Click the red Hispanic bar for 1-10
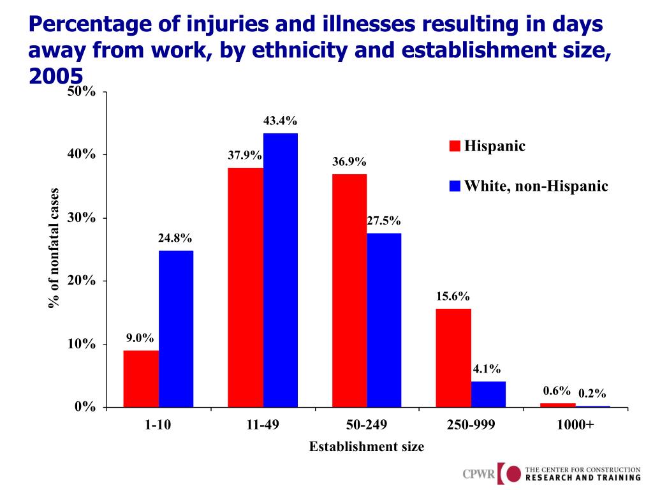[141, 378]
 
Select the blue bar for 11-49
[281, 270]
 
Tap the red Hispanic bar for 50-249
[349, 290]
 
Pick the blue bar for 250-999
[488, 394]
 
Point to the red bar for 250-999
[453, 358]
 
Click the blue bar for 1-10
[176, 329]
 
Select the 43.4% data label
[280, 121]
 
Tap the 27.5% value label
[383, 221]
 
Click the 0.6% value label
[557, 390]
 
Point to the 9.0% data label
[140, 338]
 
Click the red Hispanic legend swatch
[455, 147]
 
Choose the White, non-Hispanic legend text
[536, 186]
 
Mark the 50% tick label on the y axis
[82, 92]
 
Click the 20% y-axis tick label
[82, 281]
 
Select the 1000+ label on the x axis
[575, 424]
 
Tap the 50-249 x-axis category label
[366, 424]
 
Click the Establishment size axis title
[366, 447]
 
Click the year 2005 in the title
[56, 76]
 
